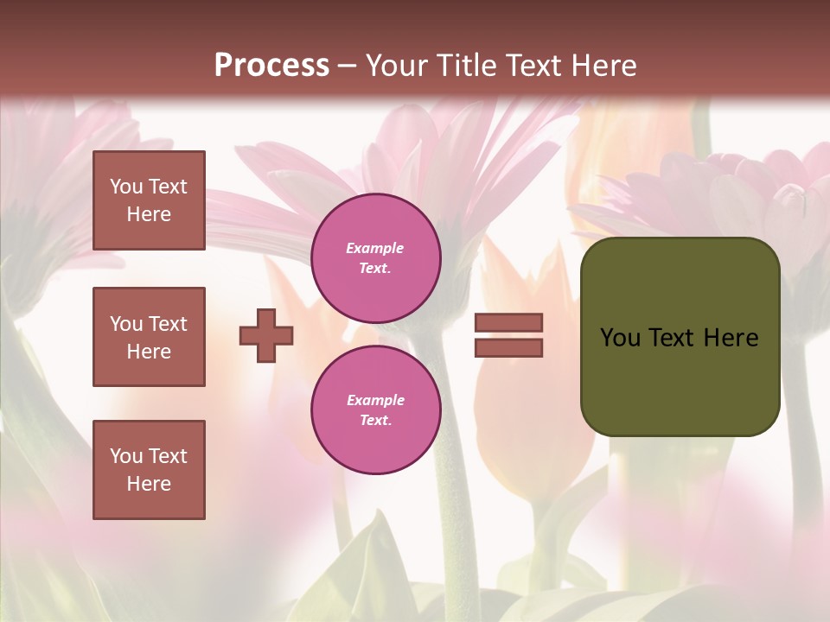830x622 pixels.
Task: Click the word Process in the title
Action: [271, 66]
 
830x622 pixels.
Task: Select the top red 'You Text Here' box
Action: [149, 200]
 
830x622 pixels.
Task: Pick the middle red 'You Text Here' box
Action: [149, 337]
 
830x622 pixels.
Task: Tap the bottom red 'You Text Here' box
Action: [149, 470]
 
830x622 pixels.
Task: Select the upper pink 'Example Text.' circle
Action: [376, 258]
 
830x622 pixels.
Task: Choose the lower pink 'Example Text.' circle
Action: [376, 410]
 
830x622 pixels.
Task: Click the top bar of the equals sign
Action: [508, 323]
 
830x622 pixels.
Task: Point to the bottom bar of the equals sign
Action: [508, 348]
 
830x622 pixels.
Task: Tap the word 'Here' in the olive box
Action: [731, 338]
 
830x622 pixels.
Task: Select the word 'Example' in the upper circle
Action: [375, 249]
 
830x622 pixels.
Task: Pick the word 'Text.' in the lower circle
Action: [376, 421]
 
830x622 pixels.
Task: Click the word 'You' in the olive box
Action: [621, 338]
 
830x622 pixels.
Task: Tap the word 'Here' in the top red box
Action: [149, 214]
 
